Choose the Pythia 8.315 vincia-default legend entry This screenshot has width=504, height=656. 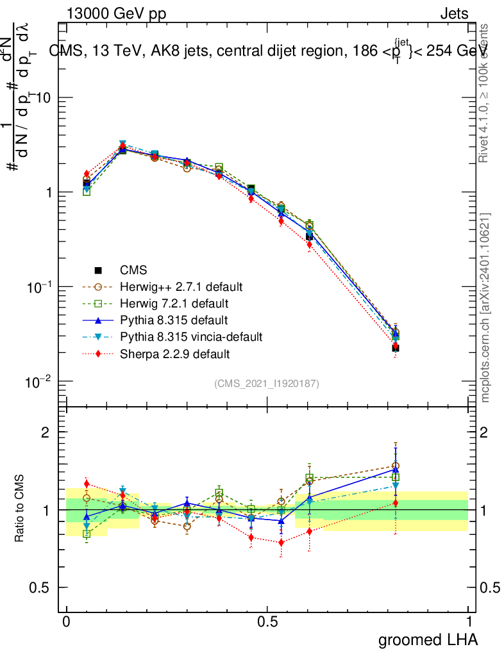tap(190, 336)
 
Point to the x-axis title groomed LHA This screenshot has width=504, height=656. tap(428, 640)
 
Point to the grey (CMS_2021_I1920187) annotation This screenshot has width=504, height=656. tap(267, 383)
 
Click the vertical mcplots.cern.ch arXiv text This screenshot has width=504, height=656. tap(485, 307)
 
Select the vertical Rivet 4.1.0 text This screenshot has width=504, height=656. tap(485, 93)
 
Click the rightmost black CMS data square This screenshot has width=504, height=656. tap(396, 348)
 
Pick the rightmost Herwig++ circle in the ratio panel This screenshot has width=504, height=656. tap(396, 466)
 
